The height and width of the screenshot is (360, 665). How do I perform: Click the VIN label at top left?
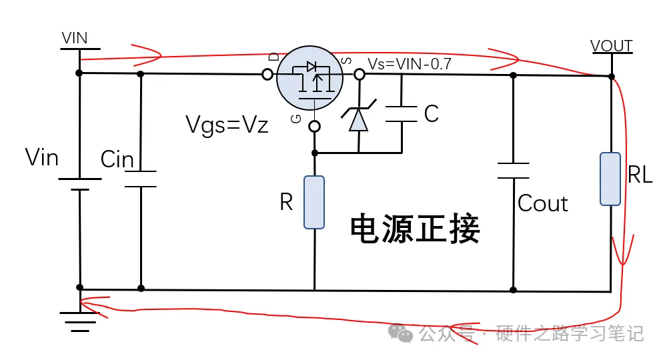(74, 38)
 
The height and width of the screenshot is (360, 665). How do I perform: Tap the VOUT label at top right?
(612, 46)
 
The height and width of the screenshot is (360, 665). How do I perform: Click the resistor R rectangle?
(314, 202)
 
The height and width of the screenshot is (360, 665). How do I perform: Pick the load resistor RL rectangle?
(610, 179)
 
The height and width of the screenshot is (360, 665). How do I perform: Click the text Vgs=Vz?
(227, 125)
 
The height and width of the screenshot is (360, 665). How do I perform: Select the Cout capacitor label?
(543, 203)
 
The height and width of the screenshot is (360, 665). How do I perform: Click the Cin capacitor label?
(117, 160)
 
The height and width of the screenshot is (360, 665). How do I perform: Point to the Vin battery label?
(42, 158)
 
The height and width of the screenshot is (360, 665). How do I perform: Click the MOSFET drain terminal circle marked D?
(267, 75)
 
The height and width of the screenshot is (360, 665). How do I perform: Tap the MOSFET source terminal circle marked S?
(360, 75)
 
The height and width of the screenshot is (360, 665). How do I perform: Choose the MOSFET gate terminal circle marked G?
(315, 125)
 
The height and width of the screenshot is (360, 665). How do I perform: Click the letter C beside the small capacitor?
(432, 114)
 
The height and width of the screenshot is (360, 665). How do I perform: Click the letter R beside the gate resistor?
(286, 203)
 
